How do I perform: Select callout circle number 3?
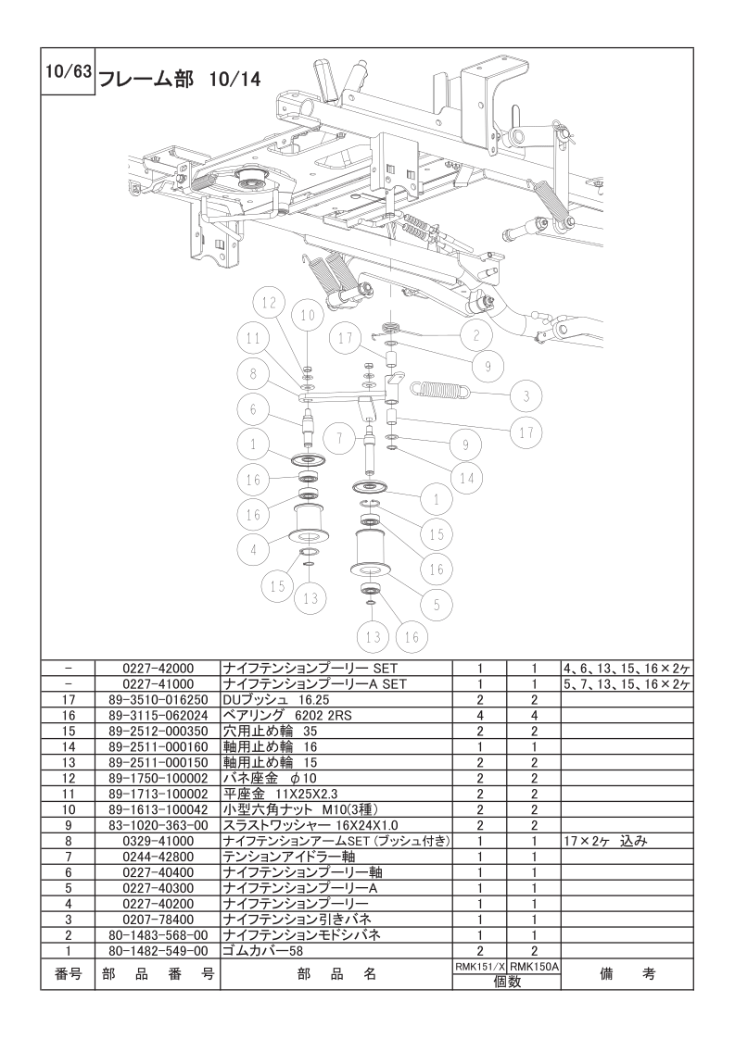[x=526, y=396]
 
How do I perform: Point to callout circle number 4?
[x=252, y=547]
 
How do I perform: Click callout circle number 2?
[x=475, y=333]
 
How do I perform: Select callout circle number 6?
[x=251, y=409]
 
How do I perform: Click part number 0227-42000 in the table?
[x=158, y=667]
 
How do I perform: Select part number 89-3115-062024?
[x=158, y=716]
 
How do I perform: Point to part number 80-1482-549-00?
[x=158, y=951]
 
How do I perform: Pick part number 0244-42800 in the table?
[x=158, y=857]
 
